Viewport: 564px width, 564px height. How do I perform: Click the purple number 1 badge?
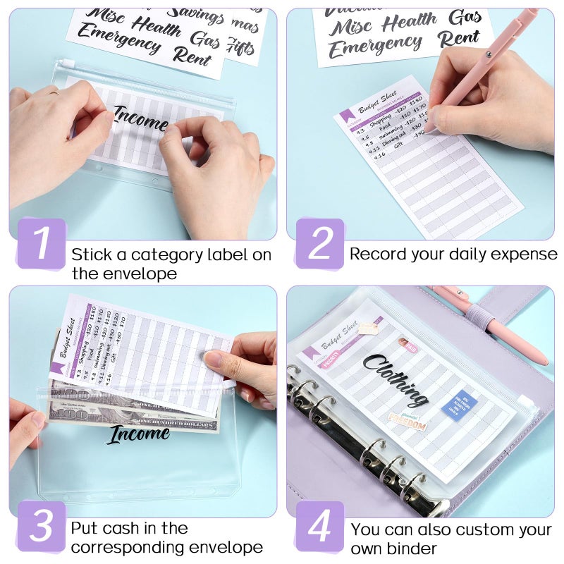coord(41,243)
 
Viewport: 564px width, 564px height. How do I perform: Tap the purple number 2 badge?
coord(319,243)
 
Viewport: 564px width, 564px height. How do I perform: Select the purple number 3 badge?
coord(41,526)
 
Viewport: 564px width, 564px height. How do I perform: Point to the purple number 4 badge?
coord(319,526)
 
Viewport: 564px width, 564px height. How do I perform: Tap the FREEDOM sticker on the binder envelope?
coord(407,424)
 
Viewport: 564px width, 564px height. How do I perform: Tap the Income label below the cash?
coord(138,435)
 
